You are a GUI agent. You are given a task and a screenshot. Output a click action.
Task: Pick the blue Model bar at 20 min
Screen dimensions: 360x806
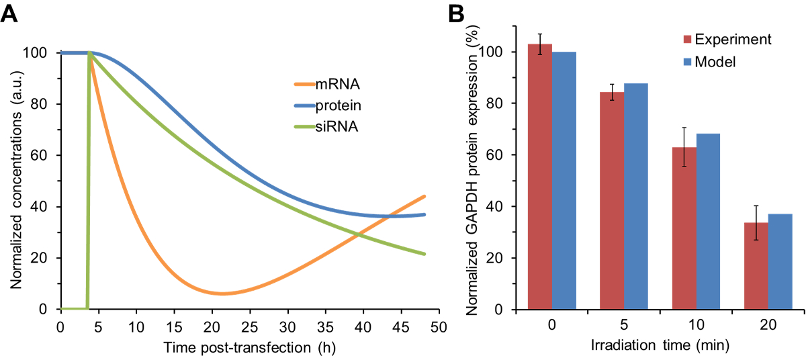coord(780,261)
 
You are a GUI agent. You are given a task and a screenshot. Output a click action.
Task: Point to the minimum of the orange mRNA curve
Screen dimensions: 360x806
coord(222,294)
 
